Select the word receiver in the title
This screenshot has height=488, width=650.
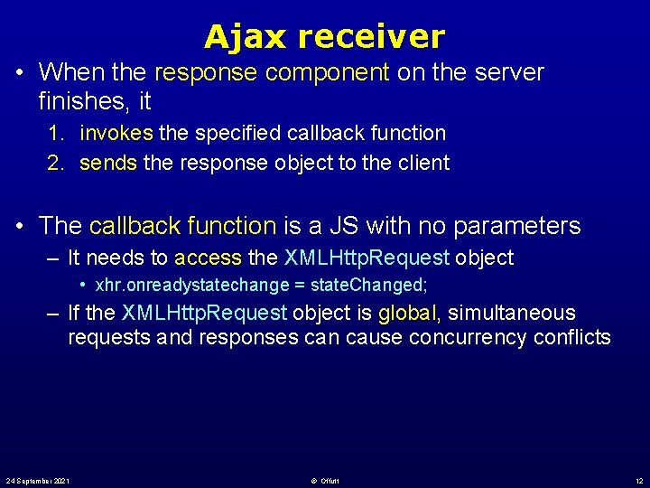point(371,37)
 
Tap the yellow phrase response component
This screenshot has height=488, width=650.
point(273,71)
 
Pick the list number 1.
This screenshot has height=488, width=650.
point(56,133)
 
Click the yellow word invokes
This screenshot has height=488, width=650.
point(116,133)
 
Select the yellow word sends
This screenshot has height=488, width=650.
point(107,163)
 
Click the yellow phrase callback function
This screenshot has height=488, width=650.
point(182,225)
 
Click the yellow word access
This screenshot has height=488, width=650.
point(208,258)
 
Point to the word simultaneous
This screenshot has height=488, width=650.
point(511,313)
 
